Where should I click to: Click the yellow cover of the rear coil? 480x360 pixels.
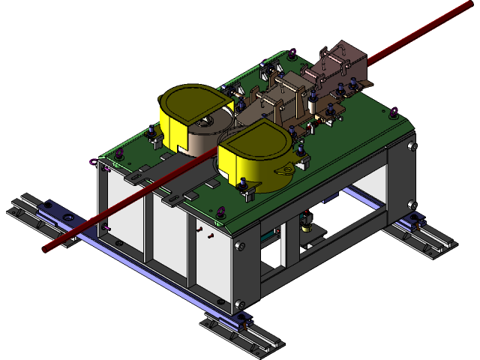click(187, 105)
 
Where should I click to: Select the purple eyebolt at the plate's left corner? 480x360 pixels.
click(92, 161)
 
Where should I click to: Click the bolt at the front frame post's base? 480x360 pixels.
click(240, 304)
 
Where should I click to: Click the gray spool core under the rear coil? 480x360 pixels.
click(202, 139)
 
